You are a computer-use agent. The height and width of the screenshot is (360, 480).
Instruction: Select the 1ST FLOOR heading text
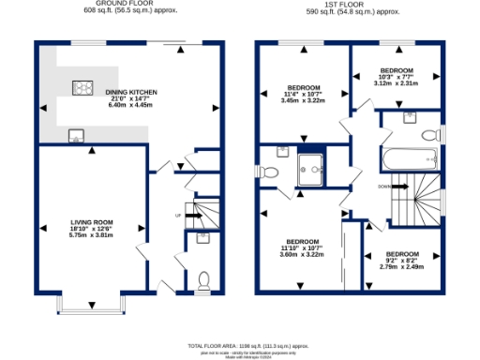346,5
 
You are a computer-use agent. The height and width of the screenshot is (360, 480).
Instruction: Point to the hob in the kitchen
82,89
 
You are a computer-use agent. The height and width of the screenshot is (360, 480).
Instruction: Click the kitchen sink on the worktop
73,137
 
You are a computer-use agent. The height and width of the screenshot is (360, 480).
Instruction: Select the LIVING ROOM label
92,228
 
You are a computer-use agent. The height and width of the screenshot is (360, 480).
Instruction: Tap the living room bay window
92,304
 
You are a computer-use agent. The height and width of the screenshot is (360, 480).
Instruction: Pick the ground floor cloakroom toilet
204,278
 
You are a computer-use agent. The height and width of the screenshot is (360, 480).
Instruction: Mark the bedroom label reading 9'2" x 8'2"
403,261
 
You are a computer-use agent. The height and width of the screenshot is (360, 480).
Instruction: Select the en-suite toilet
270,172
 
